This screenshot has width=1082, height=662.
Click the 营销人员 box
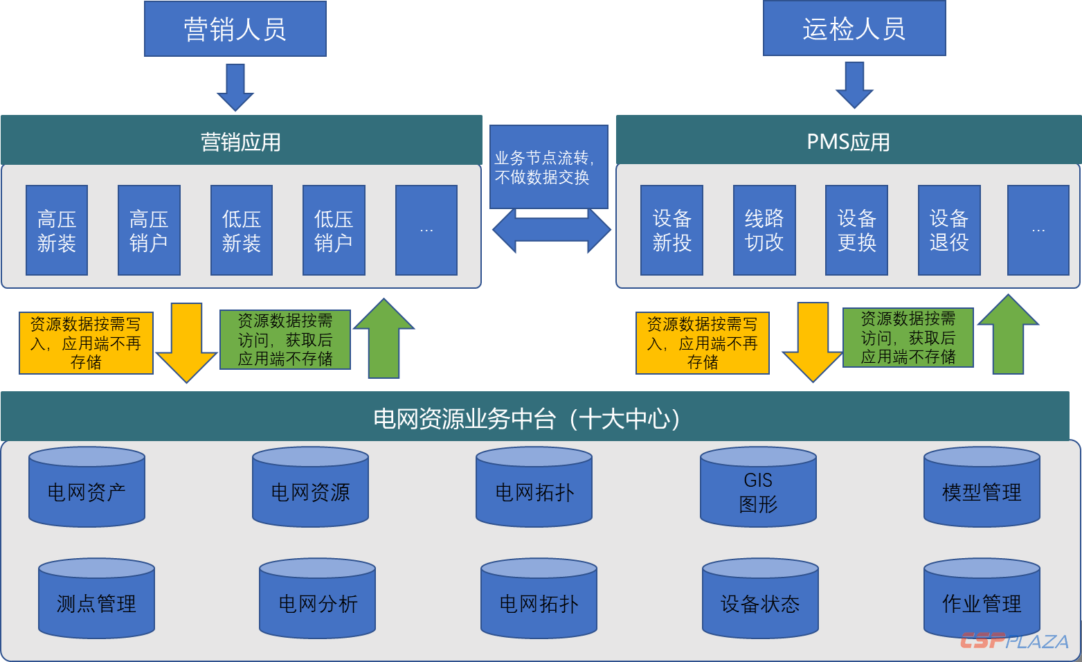tap(235, 29)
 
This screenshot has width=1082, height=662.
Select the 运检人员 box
tap(854, 28)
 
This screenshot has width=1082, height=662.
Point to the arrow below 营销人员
tap(235, 87)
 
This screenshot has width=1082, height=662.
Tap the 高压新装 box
tap(57, 231)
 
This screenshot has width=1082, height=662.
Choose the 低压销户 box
tap(334, 231)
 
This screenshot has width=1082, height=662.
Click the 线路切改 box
tap(764, 231)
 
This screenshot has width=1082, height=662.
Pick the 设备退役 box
tap(949, 231)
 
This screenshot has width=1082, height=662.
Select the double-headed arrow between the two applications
tap(551, 231)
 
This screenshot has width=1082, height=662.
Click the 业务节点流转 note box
tap(548, 167)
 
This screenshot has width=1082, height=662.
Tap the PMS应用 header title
tap(848, 142)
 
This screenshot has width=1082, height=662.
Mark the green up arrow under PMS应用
tap(1008, 335)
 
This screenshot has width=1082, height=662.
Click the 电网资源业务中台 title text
tap(526, 418)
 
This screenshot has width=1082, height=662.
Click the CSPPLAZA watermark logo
tap(1013, 641)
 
